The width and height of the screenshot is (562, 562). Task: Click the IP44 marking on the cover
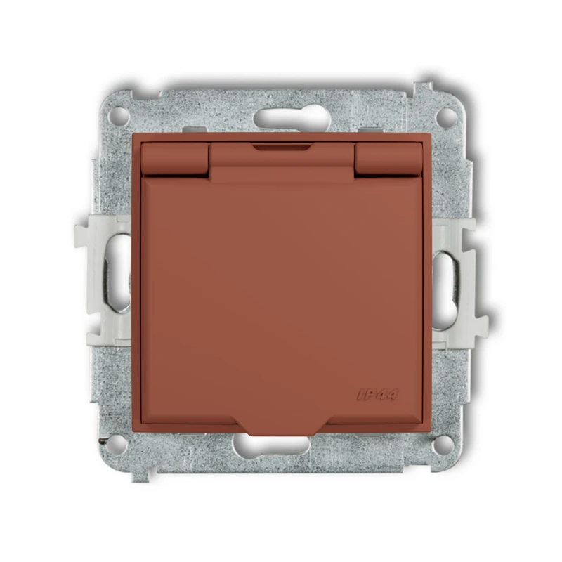378,394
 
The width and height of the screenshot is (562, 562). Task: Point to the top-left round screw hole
120,115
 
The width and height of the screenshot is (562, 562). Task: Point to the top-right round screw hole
446,115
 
